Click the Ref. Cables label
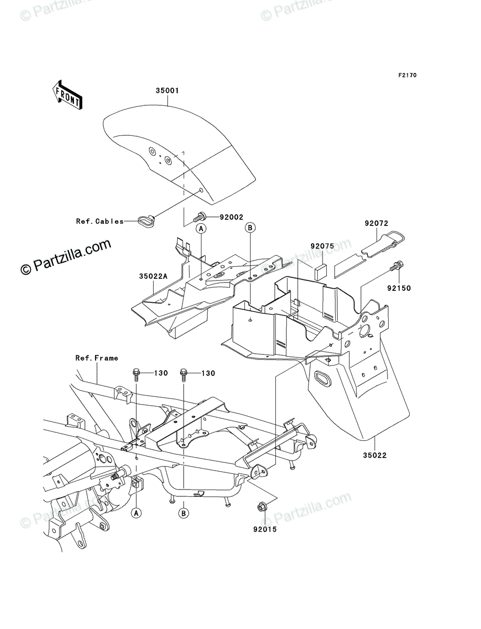(x=100, y=221)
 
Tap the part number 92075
(x=322, y=245)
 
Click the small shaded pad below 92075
(x=320, y=271)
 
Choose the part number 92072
(x=376, y=223)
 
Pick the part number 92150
(x=399, y=288)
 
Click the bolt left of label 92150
(x=396, y=267)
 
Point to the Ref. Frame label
(x=97, y=358)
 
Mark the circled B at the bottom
(x=184, y=513)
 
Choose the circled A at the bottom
(x=136, y=512)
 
